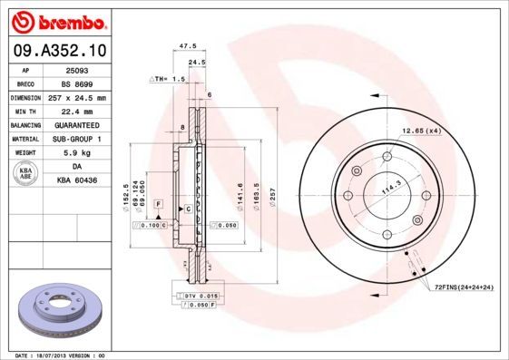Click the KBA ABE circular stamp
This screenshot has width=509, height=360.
[x=24, y=174]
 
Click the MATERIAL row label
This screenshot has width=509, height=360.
[x=24, y=140]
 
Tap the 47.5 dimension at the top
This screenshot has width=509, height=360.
[x=188, y=45]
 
